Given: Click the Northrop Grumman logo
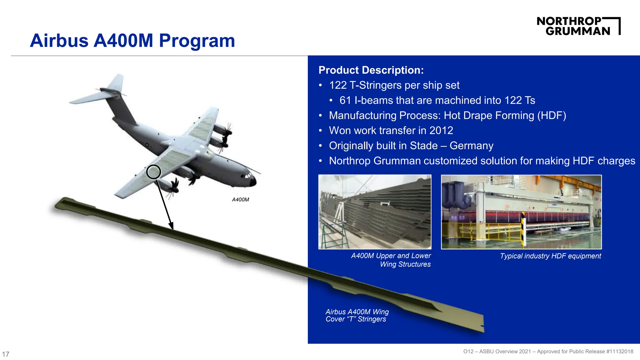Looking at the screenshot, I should click(x=578, y=26).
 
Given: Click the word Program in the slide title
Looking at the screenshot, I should click(x=197, y=41).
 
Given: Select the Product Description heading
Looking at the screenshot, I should click(x=371, y=70).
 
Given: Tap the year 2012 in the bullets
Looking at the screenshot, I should click(x=441, y=130).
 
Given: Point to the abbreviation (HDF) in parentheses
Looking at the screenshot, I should click(x=552, y=115).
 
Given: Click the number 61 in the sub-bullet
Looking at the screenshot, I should click(x=345, y=100).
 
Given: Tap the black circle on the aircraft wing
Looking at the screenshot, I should click(x=153, y=172).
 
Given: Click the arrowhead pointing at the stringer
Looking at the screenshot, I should click(x=171, y=226).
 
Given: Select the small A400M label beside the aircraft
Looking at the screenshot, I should click(x=240, y=200).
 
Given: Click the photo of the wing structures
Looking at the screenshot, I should click(x=375, y=212).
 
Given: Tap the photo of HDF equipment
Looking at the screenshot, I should click(x=521, y=212).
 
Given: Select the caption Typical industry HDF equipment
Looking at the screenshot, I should click(x=550, y=256).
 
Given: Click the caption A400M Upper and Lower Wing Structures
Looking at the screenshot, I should click(x=391, y=260).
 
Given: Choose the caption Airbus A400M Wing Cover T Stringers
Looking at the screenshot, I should click(x=357, y=315).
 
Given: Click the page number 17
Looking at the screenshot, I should click(x=6, y=354).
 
